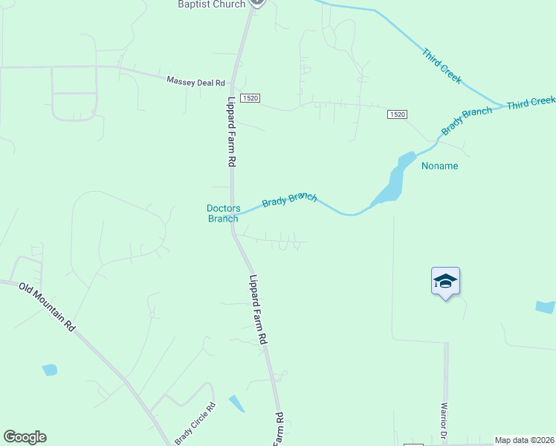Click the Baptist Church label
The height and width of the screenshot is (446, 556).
point(211,4)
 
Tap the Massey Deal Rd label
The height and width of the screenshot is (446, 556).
point(195,80)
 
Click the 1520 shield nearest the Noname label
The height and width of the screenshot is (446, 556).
point(398,114)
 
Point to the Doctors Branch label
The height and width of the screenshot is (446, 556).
point(223,213)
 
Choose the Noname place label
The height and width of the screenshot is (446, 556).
point(439,166)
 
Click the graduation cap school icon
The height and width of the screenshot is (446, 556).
point(445,281)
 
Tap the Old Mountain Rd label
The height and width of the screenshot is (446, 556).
point(48,306)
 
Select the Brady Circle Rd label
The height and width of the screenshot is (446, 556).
point(195,424)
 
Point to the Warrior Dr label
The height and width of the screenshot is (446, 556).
point(444,421)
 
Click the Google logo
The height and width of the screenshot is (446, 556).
point(25,437)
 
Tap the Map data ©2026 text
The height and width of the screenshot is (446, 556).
point(524,440)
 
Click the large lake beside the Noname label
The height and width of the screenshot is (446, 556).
point(394,182)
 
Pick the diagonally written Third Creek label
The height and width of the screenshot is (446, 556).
point(442,65)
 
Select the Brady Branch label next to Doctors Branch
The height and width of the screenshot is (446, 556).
point(289,200)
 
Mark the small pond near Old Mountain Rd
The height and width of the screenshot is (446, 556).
point(49,369)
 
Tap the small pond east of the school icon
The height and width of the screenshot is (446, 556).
point(545,306)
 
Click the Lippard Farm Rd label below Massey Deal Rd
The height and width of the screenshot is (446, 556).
point(232,132)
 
